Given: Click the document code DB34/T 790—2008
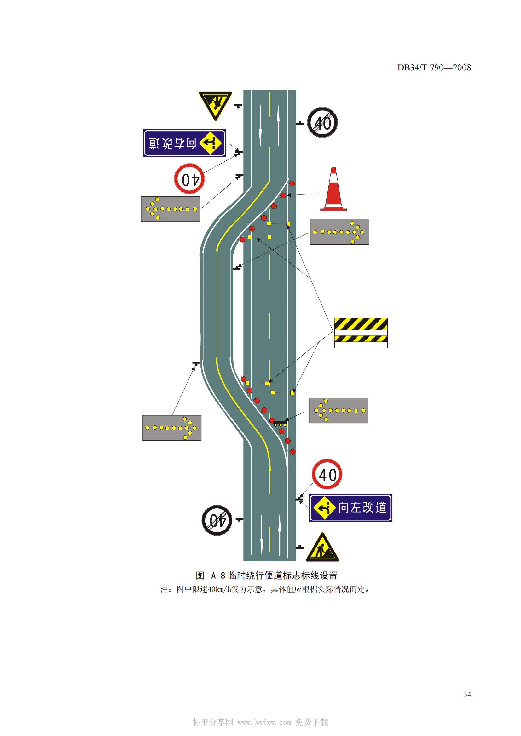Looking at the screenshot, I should [434, 68].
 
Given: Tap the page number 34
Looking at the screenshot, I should [467, 694].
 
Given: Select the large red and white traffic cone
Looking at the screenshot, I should [333, 190].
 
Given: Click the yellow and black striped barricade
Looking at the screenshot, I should [361, 330].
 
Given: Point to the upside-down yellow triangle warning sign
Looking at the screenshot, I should [215, 104].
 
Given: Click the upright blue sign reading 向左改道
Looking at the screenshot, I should [350, 508].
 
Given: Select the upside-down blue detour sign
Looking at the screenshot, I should [184, 143].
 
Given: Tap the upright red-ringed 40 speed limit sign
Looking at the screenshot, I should [327, 474].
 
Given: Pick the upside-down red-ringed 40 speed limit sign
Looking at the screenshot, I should [189, 179].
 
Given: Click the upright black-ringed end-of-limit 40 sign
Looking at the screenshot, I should [322, 122].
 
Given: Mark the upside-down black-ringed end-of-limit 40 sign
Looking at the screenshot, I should [217, 520].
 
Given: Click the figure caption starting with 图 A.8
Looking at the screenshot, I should [266, 576].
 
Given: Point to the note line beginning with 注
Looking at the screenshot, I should [265, 589].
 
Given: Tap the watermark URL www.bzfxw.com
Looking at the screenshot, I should [264, 722].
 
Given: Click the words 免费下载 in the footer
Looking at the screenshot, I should [312, 722].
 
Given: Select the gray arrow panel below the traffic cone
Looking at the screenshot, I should [339, 232].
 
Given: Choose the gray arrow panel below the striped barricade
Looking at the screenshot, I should [339, 411].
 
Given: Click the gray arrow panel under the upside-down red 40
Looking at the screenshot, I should [171, 209].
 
